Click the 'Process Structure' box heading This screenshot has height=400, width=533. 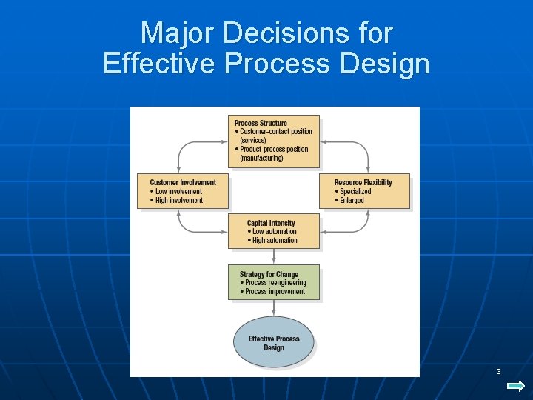click(261, 123)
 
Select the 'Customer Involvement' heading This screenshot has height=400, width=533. click(183, 182)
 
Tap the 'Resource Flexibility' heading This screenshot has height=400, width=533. click(363, 182)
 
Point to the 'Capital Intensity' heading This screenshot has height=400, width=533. click(271, 223)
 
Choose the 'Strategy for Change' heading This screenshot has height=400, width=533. click(269, 274)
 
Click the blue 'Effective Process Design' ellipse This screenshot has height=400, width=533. click(274, 343)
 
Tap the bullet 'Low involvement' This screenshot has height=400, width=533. click(178, 191)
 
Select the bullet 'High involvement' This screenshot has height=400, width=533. click(178, 200)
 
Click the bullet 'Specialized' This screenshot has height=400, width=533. click(355, 191)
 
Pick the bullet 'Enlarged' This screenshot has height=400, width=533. click(352, 200)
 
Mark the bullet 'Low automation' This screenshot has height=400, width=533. click(275, 231)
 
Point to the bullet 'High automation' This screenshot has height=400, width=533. click(275, 240)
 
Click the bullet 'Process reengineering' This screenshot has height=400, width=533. click(275, 283)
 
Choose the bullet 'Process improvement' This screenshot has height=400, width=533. click(275, 292)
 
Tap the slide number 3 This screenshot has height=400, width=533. click(498, 371)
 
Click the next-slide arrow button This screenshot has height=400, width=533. click(516, 386)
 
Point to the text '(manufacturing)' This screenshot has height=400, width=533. click(261, 158)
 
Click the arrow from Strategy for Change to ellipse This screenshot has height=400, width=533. click(274, 309)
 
